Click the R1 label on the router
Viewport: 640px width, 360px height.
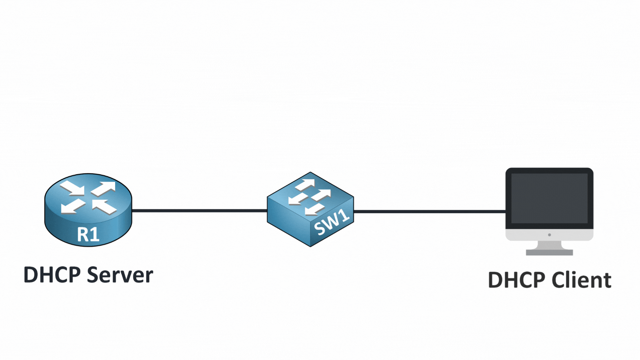[88, 234]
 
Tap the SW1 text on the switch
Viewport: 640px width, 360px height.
[332, 222]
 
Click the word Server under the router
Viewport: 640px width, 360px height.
[120, 275]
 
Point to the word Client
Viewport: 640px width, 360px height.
[581, 280]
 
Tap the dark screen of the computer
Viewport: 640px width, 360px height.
[549, 198]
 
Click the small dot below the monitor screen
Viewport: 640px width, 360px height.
[549, 235]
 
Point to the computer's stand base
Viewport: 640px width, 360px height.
[549, 252]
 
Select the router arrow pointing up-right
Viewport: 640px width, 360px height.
[104, 189]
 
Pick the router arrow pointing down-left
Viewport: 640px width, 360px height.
[73, 206]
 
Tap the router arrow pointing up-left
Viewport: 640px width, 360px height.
[104, 206]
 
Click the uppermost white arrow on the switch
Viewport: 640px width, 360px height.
[305, 185]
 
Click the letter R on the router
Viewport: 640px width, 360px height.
[83, 234]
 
